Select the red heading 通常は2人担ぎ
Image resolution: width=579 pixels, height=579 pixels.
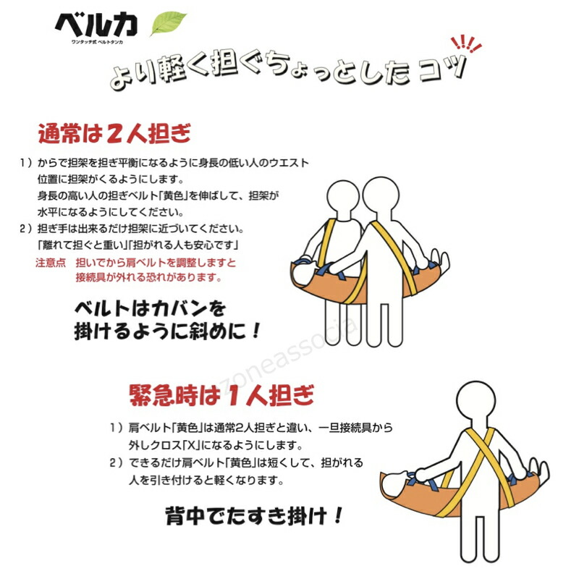point(114,135)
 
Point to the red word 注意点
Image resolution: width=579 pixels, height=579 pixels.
point(51,263)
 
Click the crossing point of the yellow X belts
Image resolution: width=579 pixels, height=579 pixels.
point(479,456)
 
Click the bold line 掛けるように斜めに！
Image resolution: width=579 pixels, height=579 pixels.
point(166,332)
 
